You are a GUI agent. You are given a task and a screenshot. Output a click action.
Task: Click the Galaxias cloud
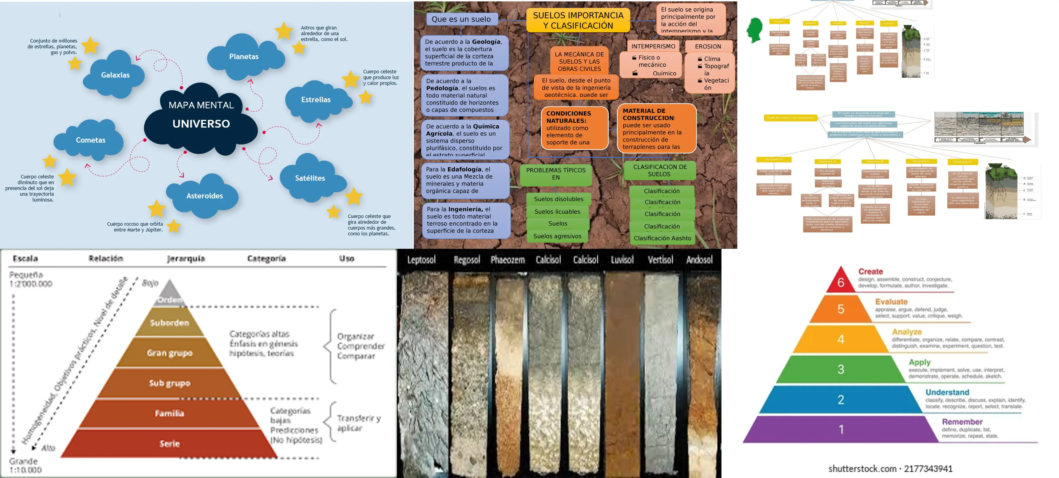tap(115, 75)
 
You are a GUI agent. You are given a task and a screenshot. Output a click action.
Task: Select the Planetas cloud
tap(244, 57)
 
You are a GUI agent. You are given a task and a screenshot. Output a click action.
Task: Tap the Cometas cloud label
tap(90, 140)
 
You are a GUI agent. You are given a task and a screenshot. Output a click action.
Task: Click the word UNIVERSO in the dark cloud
tap(201, 124)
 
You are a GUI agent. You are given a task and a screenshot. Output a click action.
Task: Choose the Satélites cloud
tap(310, 178)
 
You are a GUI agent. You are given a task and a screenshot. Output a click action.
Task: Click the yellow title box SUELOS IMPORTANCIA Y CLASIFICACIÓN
tap(578, 20)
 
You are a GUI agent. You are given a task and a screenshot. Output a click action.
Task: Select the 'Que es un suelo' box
tap(461, 19)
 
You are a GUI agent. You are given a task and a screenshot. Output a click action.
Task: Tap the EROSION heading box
tap(708, 46)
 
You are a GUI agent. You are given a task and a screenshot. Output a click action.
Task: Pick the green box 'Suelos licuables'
tap(558, 212)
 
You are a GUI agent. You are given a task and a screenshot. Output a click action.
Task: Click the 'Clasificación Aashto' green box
tap(662, 238)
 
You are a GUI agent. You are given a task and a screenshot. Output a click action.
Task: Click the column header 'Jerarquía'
tap(186, 259)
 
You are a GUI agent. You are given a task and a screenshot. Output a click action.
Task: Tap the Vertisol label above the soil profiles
tap(660, 260)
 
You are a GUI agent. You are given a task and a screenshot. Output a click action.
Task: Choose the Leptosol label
tap(421, 260)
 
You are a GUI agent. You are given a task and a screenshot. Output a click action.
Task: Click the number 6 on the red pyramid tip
tap(841, 283)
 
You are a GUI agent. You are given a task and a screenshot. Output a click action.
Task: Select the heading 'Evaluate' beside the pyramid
tap(891, 302)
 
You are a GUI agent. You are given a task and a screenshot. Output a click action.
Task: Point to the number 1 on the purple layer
tap(841, 430)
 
